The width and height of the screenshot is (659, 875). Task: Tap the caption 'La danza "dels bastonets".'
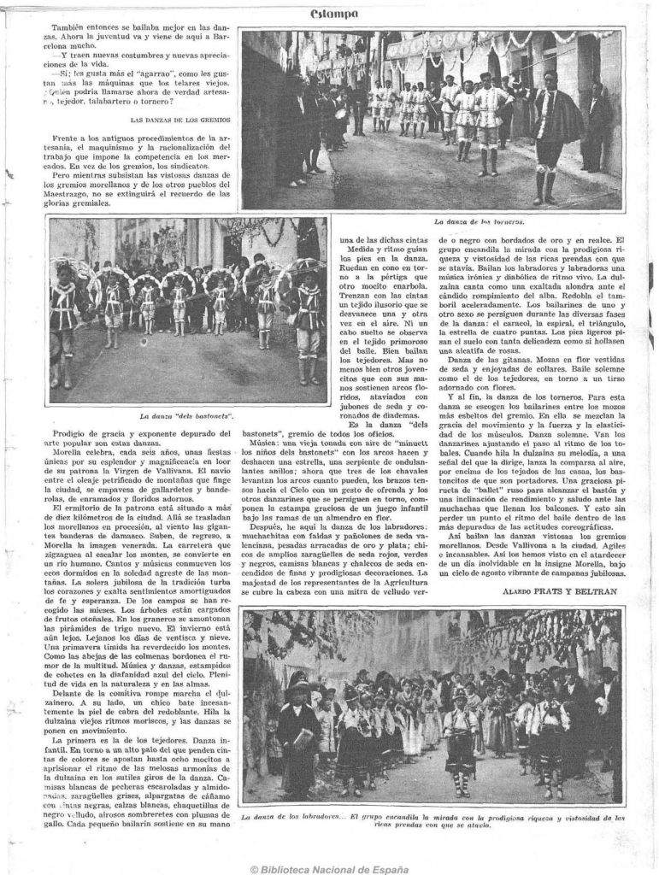pyautogui.click(x=186, y=416)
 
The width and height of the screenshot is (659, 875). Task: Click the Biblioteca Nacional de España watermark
pyautogui.click(x=329, y=868)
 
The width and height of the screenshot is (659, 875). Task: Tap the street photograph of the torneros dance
pyautogui.click(x=432, y=120)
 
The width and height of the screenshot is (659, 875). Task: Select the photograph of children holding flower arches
pyautogui.click(x=187, y=310)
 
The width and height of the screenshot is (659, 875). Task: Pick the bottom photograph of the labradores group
pyautogui.click(x=432, y=705)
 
